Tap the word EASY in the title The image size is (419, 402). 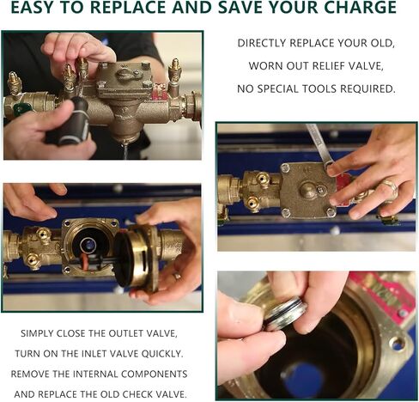click(33, 8)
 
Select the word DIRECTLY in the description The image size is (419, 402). click(261, 43)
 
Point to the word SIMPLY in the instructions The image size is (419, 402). click(37, 333)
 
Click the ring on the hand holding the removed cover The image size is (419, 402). click(177, 276)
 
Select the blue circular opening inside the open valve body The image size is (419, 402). click(88, 244)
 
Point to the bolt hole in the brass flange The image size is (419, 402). click(398, 343)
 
